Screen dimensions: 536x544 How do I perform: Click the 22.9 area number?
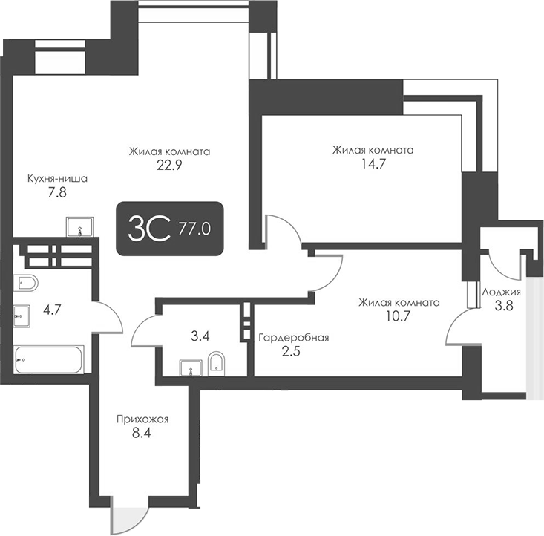click(x=169, y=166)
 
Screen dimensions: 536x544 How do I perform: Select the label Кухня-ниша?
click(x=57, y=179)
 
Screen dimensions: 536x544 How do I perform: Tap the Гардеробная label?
click(x=293, y=338)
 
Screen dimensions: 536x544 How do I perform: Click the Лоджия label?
click(x=502, y=292)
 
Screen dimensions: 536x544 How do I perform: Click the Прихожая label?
click(x=142, y=419)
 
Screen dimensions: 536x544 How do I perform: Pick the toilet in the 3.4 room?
click(x=216, y=364)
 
